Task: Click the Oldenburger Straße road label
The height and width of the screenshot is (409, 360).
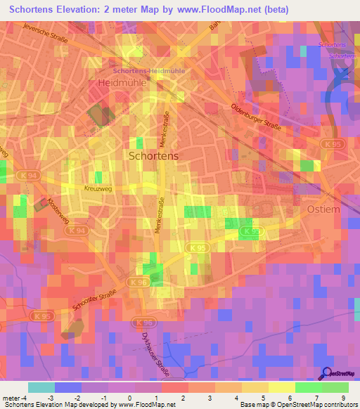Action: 256,117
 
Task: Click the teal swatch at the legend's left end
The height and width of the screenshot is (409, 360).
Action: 41,387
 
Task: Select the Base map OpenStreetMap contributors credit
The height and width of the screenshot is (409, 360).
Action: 298,405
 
